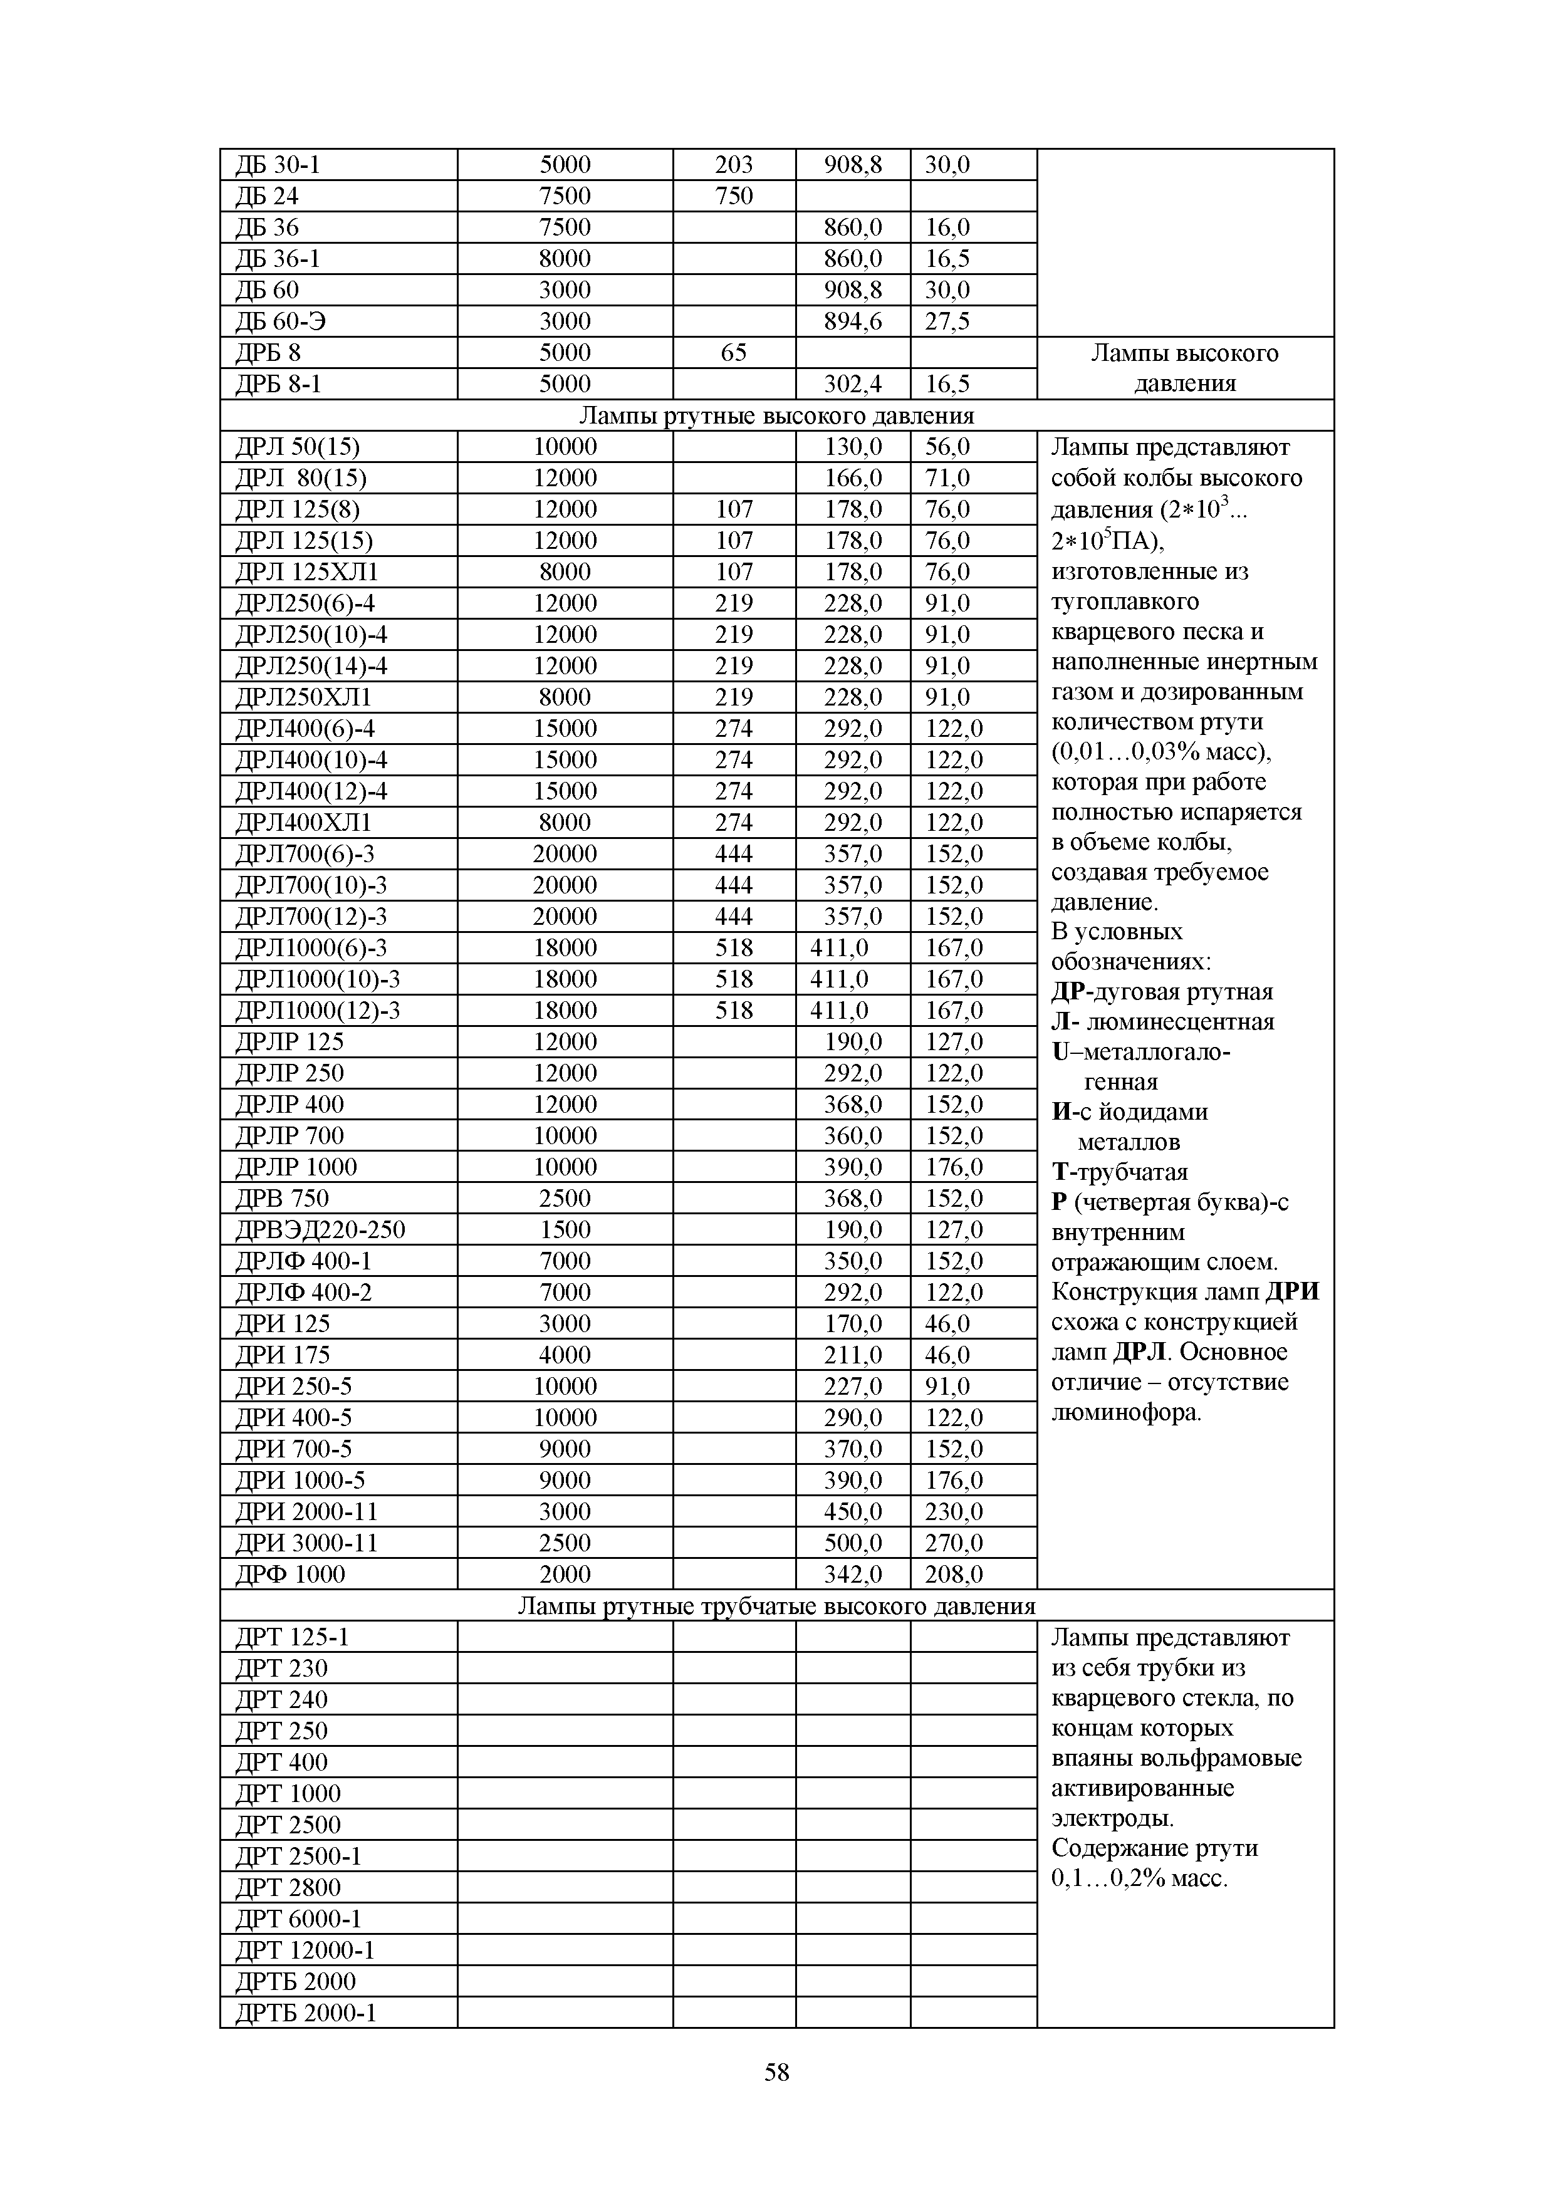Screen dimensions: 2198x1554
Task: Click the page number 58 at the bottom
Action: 776,2073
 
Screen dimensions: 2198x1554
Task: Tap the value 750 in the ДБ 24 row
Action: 733,196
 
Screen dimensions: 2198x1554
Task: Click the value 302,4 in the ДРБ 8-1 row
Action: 853,384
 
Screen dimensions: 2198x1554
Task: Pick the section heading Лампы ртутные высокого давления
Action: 776,415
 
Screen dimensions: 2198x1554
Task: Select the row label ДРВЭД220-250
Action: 321,1229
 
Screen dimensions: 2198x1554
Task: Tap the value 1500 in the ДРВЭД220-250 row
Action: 565,1229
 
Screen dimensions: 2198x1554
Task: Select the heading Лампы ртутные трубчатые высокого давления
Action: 776,1605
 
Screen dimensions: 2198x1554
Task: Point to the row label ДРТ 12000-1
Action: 305,1950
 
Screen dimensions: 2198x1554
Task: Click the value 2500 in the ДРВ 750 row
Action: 565,1199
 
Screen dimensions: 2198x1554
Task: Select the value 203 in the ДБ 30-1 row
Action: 733,165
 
